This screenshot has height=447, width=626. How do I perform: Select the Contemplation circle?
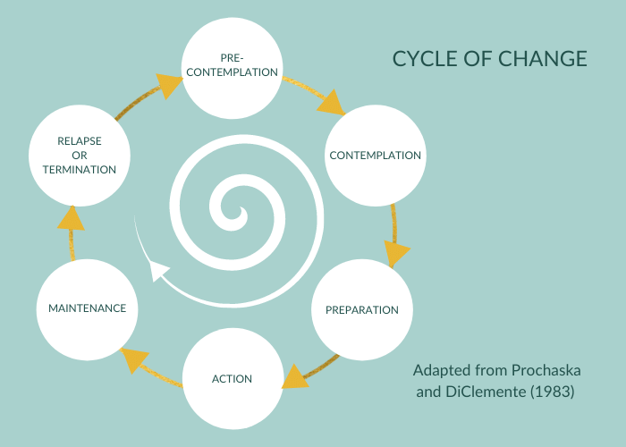click(375, 156)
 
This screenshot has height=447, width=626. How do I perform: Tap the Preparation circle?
click(361, 310)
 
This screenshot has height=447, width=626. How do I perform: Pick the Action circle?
click(232, 378)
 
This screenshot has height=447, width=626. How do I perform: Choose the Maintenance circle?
click(87, 308)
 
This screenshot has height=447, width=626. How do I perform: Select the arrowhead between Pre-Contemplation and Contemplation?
click(332, 102)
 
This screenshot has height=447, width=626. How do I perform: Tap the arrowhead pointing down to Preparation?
click(395, 251)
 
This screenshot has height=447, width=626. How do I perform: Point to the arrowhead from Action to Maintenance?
click(133, 358)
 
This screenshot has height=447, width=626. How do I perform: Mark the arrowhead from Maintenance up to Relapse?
click(72, 219)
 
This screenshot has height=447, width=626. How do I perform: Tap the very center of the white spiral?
click(240, 215)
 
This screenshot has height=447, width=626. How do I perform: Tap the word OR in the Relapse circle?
click(79, 156)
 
